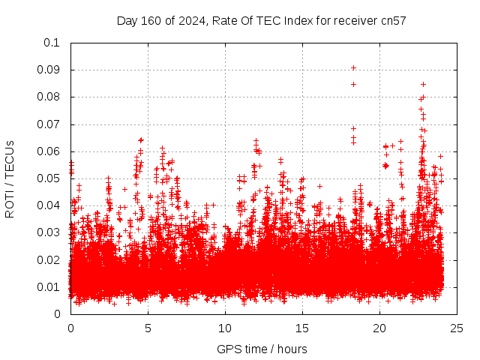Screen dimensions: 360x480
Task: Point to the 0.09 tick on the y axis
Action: (x=50, y=70)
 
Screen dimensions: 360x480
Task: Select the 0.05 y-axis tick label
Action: (x=50, y=178)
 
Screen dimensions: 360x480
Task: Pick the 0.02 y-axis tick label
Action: (x=50, y=259)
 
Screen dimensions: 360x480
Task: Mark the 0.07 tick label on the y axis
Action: (x=50, y=124)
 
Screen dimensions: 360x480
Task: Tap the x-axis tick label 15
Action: (x=302, y=328)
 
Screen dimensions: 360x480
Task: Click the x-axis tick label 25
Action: (x=457, y=328)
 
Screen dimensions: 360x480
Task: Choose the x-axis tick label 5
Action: (x=148, y=328)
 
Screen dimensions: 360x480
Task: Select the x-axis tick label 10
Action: (x=225, y=328)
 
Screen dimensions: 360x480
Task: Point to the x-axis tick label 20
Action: (x=379, y=328)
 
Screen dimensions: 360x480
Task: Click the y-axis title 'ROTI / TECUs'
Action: (x=10, y=178)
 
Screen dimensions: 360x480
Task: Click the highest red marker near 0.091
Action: (x=353, y=67)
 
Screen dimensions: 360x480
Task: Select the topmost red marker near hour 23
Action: (x=423, y=84)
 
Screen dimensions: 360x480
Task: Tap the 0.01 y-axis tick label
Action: (x=50, y=287)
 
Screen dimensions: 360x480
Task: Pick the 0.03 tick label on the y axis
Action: (x=50, y=232)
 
